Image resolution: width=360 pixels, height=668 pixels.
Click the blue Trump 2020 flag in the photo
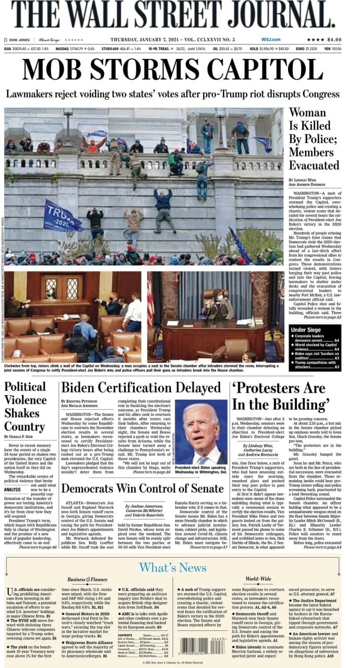[x=63, y=215]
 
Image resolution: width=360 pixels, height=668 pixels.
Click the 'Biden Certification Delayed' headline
[x=141, y=388]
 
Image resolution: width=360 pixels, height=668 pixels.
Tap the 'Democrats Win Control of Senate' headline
[x=142, y=488]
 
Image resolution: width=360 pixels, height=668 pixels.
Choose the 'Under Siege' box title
[x=306, y=330]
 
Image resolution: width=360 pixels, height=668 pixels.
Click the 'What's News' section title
[x=172, y=567]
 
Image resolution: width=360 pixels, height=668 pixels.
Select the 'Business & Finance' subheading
[x=87, y=579]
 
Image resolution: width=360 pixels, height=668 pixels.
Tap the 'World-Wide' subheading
[x=258, y=579]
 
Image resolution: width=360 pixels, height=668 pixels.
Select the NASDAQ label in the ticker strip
[x=62, y=49]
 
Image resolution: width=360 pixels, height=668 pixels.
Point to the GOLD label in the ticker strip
[x=254, y=49]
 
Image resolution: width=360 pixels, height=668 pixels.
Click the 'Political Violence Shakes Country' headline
[x=25, y=407]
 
